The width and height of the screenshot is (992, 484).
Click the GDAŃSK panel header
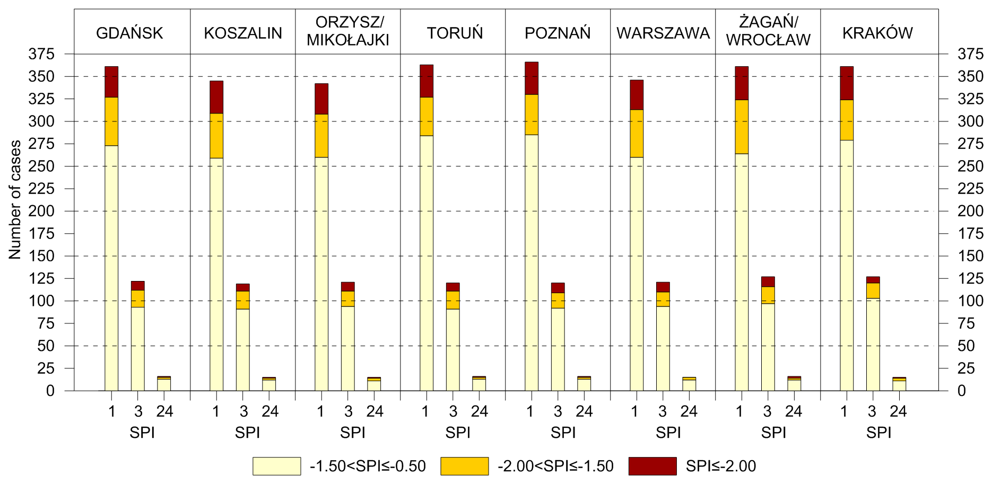[129, 33]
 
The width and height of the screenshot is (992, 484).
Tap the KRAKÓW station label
[877, 33]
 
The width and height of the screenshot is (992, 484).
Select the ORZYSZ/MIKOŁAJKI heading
[348, 31]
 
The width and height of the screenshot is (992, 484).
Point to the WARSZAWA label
[663, 33]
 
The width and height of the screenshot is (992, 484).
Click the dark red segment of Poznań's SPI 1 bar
[532, 78]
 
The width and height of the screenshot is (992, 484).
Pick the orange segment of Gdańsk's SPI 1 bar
[111, 121]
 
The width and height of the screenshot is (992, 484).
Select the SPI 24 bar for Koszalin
[269, 384]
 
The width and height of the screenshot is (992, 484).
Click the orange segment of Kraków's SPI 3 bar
[873, 291]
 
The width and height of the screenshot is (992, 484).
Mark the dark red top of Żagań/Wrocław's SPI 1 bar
[742, 83]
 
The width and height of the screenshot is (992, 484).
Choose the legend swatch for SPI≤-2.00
[652, 466]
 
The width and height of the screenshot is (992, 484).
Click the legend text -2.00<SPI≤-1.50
[555, 466]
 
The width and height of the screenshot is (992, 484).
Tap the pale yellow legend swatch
[276, 466]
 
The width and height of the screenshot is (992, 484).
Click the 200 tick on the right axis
[970, 211]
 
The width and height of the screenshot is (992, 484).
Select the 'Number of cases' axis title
[15, 200]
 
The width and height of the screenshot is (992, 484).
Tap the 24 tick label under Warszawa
[689, 411]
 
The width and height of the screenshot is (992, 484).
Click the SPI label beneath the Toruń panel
[458, 433]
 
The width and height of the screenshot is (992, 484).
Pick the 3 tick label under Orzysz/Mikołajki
[348, 411]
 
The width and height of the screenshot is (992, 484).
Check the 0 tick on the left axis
[50, 391]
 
